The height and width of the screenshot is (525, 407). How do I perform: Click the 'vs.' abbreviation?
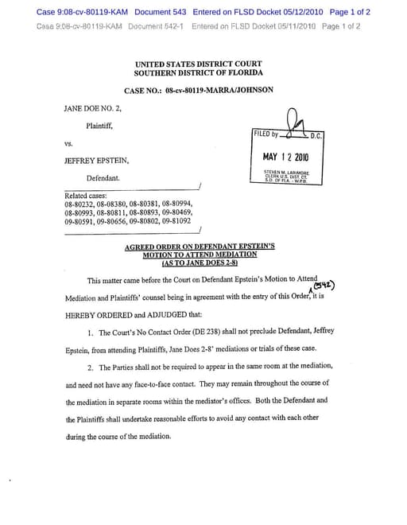[68, 144]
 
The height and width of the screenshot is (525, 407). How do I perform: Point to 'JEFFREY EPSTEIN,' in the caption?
[96, 161]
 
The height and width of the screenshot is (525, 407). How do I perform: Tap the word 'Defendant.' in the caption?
[103, 178]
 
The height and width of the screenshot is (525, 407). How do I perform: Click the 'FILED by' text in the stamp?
[266, 134]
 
